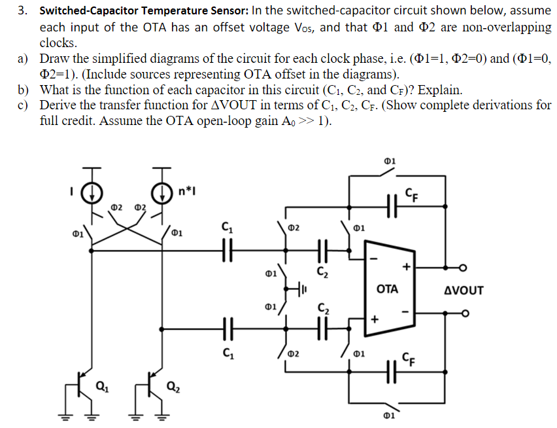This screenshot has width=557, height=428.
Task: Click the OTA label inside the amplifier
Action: pyautogui.click(x=387, y=289)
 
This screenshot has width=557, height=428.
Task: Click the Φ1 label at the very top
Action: pyautogui.click(x=390, y=161)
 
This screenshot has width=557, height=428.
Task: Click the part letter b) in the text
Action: pyautogui.click(x=24, y=90)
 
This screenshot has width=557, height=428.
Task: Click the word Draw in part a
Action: pyautogui.click(x=54, y=59)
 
